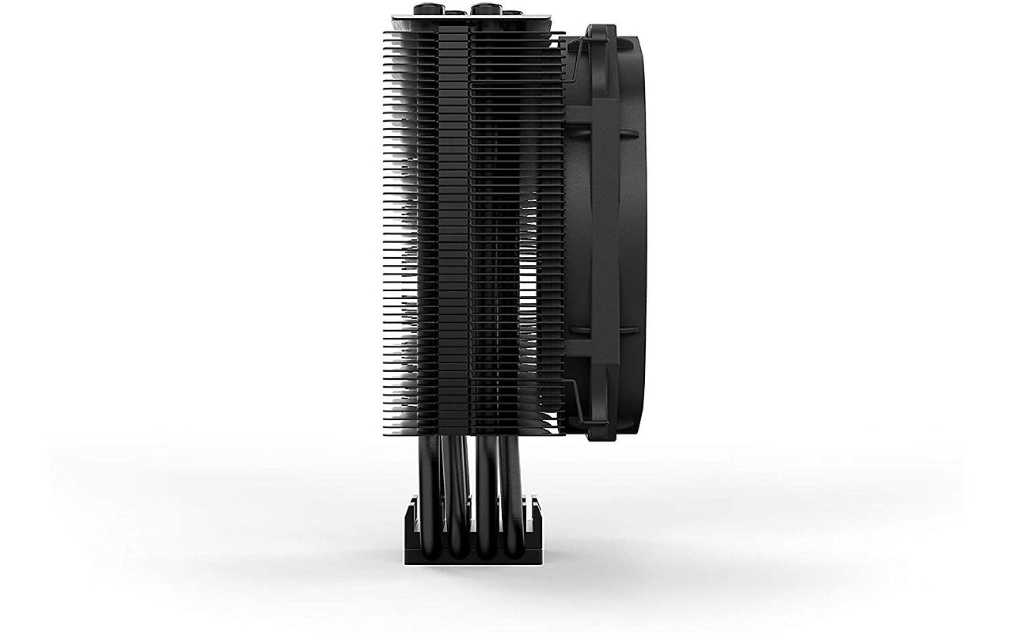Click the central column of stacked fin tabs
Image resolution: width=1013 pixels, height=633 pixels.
pos(453,229)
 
